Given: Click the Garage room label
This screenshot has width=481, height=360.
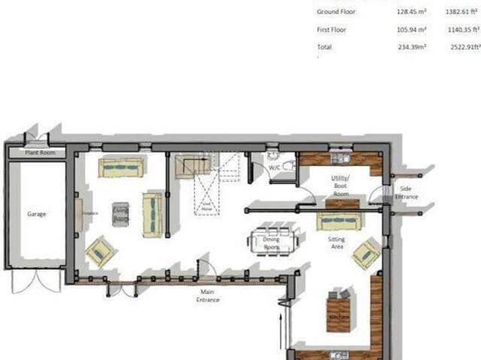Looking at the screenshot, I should coord(36,214).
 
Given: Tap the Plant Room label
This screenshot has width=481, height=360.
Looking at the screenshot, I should coord(36,152).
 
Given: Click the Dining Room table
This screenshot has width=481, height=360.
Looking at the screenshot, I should coord(274,240).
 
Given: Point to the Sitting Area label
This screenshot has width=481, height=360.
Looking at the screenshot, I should coord(336,242).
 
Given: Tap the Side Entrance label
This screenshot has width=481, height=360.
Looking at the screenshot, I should coord(407,192).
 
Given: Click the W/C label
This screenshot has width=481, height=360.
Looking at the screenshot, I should coord(274,168).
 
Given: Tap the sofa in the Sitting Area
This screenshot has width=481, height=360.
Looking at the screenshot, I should coord(337,221).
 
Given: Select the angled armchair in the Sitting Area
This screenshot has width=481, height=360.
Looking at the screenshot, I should coord(366,253).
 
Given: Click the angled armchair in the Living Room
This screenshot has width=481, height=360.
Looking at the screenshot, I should coord(100,252).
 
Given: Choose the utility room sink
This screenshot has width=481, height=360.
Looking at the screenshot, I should coord(342,159).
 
